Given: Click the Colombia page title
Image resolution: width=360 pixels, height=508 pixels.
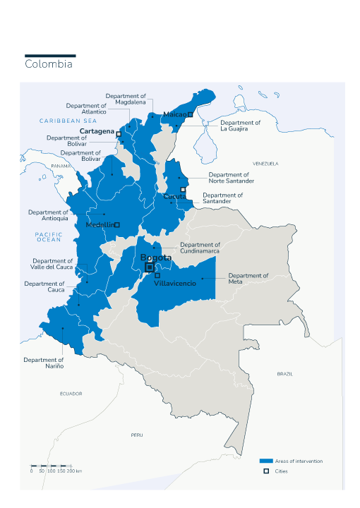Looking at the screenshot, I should click(x=49, y=64).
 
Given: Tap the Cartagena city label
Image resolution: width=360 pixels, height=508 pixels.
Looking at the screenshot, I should click(x=97, y=131).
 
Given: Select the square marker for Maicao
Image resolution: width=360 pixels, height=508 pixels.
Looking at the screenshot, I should click(x=190, y=114).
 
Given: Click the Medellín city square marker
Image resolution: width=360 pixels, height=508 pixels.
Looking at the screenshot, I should click(x=117, y=225).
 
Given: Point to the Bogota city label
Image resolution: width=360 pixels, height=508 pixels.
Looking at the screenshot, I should click(x=155, y=258).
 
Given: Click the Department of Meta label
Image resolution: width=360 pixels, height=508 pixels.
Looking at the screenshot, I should click(x=248, y=279).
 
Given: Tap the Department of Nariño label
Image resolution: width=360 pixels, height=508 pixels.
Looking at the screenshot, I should click(x=44, y=363).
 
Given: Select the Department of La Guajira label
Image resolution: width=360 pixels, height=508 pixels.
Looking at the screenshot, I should click(x=240, y=126).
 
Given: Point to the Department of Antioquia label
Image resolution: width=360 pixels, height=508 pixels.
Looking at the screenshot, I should click(x=49, y=215).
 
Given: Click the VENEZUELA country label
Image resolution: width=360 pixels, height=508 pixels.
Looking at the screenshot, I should click(x=265, y=164).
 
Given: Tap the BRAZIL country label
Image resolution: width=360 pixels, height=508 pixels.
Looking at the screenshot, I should click(x=284, y=373).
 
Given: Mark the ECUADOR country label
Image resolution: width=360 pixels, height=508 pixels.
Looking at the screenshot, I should click(x=71, y=394).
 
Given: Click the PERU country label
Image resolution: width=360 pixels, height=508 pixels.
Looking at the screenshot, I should click(x=136, y=435).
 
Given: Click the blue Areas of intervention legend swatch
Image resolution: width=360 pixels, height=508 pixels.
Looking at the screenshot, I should click(x=266, y=461).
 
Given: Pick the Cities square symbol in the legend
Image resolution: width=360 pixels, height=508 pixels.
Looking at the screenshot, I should click(x=266, y=471).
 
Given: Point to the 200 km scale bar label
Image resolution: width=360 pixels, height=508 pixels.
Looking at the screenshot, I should click(x=75, y=471).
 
